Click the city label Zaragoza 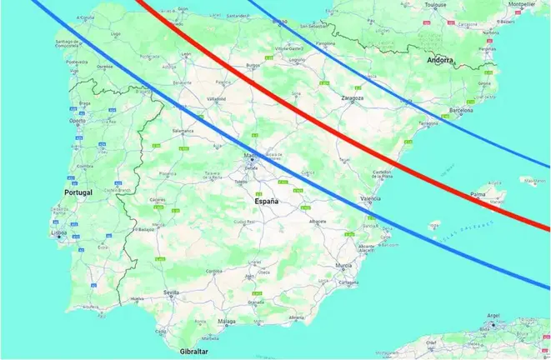coord(353,97)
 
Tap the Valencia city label coord(371,198)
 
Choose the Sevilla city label coord(173,293)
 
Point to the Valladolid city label coord(217,99)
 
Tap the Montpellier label coord(522,4)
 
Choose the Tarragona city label coord(428,122)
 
